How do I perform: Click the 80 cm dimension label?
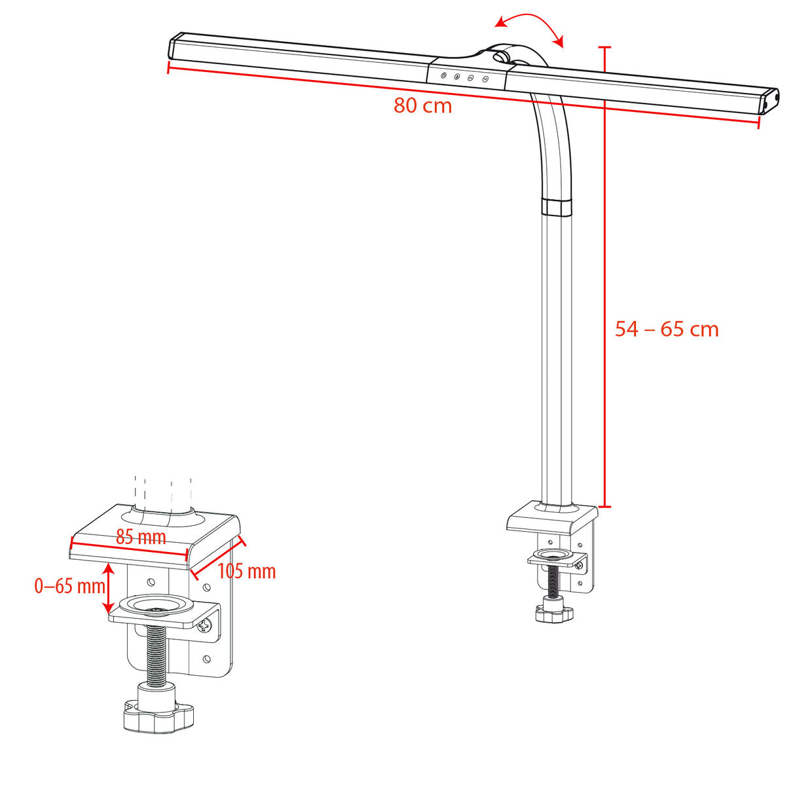click(x=422, y=105)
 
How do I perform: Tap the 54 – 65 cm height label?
click(x=666, y=329)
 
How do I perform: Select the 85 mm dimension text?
click(x=141, y=537)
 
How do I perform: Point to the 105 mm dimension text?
click(x=246, y=571)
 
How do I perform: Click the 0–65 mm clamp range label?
click(x=69, y=585)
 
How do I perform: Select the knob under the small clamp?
click(x=554, y=614)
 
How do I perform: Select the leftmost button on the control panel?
click(x=444, y=76)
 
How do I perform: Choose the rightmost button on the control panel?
click(x=485, y=79)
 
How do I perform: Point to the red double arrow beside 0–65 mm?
click(x=109, y=589)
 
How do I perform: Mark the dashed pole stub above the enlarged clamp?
click(x=162, y=490)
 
